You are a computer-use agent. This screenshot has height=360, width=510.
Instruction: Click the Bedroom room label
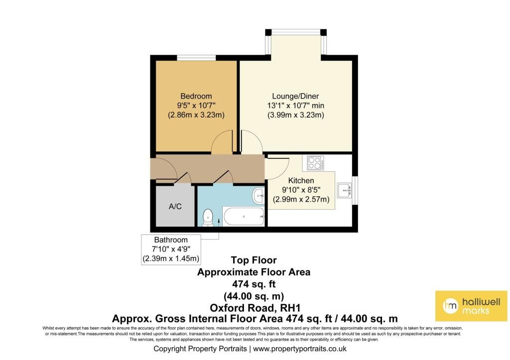coord(196,96)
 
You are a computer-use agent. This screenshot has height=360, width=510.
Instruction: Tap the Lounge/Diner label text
coord(295,96)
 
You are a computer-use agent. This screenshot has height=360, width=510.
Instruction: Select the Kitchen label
coord(301,180)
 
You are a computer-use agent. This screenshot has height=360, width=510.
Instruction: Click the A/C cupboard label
coord(175,206)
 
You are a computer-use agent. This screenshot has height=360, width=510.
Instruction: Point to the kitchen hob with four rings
coord(315,163)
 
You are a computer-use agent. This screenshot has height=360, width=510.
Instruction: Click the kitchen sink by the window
coord(344,190)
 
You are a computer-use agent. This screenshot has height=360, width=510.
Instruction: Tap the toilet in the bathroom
coord(208,218)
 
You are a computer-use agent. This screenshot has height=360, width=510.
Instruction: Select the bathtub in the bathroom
coord(244,216)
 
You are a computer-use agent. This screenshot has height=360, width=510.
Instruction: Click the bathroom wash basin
coord(258,196)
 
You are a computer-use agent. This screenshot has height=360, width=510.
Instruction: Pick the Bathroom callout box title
coord(171,240)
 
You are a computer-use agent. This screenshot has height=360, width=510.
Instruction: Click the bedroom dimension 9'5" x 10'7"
coord(196,106)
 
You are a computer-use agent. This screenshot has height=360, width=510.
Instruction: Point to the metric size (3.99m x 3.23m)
coord(296,115)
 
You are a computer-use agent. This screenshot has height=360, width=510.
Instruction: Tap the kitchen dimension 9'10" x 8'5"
coord(301,190)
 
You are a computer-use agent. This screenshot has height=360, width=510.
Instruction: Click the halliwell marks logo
coord(471,306)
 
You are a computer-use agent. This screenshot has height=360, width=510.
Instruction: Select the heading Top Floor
coord(254,260)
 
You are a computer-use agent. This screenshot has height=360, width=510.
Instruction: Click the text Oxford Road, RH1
coord(255,308)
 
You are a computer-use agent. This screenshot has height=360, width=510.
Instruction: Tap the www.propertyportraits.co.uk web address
coord(299,349)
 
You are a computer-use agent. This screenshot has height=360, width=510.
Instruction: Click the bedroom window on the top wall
coord(196,58)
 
